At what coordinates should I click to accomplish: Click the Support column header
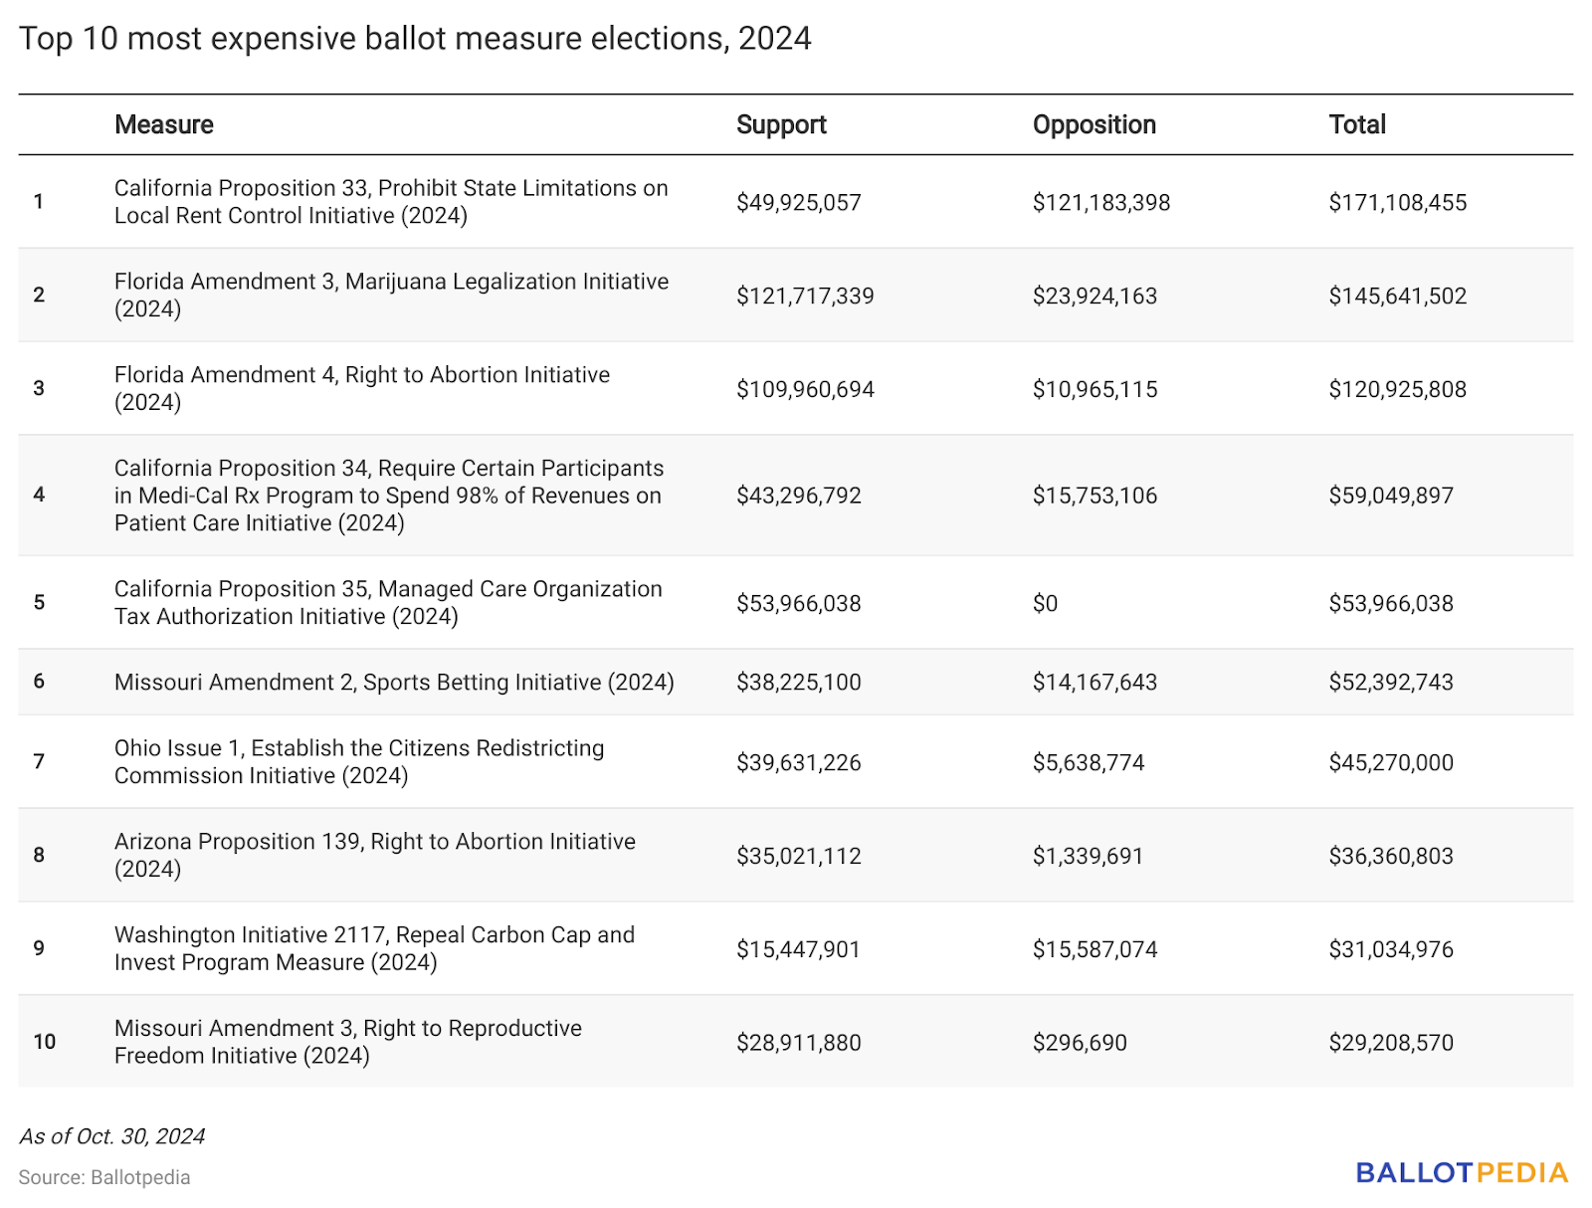(x=781, y=124)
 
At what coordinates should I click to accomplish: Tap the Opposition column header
(x=1094, y=124)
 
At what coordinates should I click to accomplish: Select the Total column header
(x=1357, y=124)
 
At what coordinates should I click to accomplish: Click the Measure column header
(x=164, y=124)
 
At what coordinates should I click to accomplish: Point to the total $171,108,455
(x=1398, y=202)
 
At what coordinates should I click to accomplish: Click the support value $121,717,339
(x=805, y=296)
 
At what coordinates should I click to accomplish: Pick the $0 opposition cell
(x=1045, y=603)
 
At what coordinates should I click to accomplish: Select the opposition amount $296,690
(x=1080, y=1043)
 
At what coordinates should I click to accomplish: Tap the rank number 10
(x=44, y=1042)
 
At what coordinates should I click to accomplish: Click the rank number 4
(x=39, y=495)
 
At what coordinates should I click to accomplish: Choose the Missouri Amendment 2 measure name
(x=394, y=683)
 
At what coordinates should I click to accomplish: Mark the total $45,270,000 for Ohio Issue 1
(x=1391, y=763)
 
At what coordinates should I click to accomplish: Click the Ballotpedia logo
(x=1462, y=1173)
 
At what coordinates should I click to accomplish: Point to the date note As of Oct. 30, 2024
(x=112, y=1136)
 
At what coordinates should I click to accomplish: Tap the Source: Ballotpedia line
(x=104, y=1177)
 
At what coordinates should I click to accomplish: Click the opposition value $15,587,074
(x=1095, y=949)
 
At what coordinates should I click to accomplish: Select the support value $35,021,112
(x=799, y=857)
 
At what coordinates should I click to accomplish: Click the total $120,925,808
(x=1398, y=389)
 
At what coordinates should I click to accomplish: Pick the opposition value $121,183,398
(x=1101, y=202)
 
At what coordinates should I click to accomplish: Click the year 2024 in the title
(x=774, y=39)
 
